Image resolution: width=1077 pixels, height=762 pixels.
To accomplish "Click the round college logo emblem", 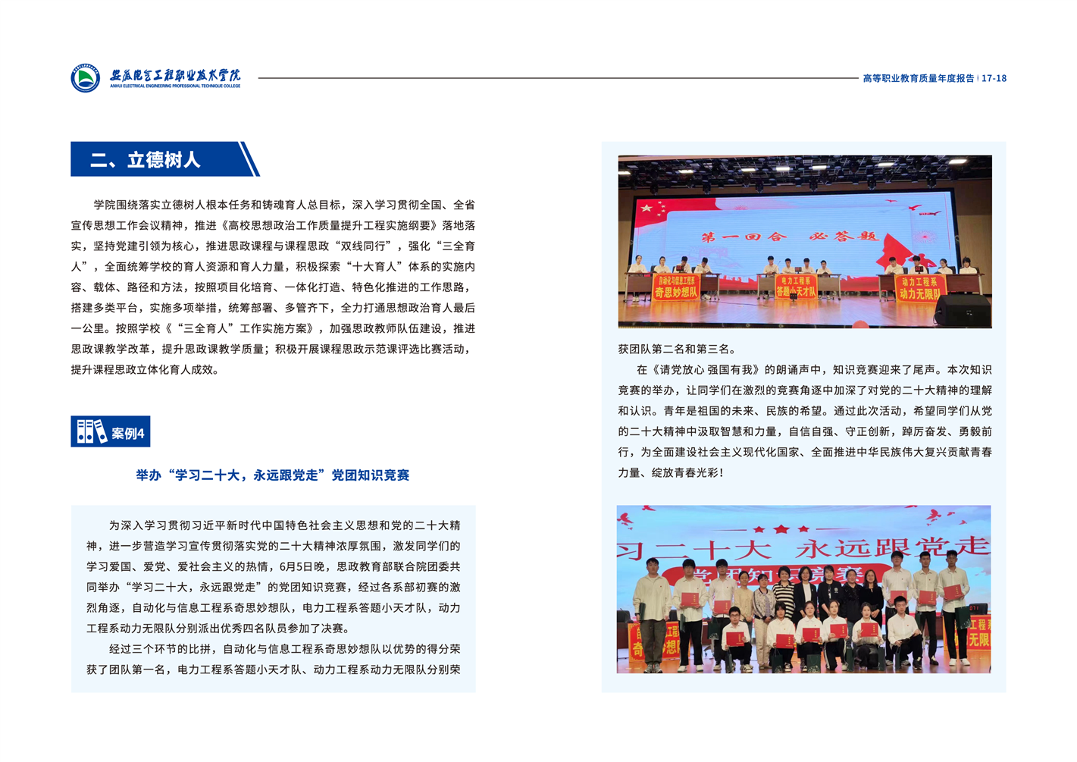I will tap(85, 78).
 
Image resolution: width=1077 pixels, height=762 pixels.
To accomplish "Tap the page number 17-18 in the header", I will tap(994, 78).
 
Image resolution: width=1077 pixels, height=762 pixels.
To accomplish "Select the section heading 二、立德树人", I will tap(145, 160).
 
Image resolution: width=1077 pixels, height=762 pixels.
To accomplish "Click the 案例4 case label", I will tap(127, 433).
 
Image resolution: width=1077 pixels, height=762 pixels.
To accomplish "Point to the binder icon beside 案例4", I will tap(91, 431).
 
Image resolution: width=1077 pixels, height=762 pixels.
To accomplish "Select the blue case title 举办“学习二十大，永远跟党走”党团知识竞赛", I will tap(273, 475).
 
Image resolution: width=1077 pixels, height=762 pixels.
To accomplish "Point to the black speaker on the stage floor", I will tap(963, 310).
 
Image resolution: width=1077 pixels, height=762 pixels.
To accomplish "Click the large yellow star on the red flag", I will tap(646, 208).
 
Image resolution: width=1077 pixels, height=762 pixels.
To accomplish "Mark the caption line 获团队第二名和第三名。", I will tap(677, 350).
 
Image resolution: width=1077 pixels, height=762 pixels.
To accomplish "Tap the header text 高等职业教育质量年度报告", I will tap(918, 78).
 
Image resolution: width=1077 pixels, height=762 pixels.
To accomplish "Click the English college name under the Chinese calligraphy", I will tap(175, 86).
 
